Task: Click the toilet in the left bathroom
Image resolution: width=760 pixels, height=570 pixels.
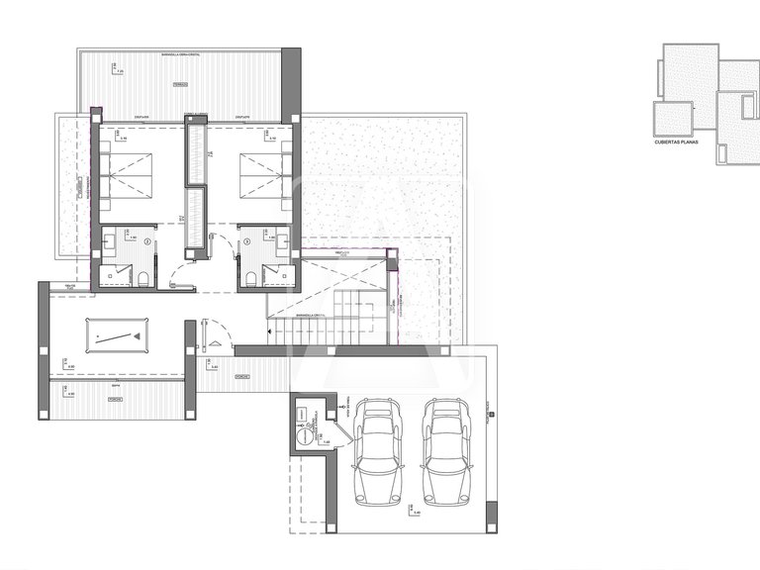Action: (x=144, y=277)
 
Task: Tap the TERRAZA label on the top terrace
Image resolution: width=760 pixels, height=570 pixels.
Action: (x=179, y=85)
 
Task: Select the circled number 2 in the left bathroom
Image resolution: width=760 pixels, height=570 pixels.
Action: (x=146, y=239)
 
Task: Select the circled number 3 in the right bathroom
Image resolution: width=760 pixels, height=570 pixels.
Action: (x=245, y=239)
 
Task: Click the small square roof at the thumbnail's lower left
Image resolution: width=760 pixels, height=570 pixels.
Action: (x=672, y=118)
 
